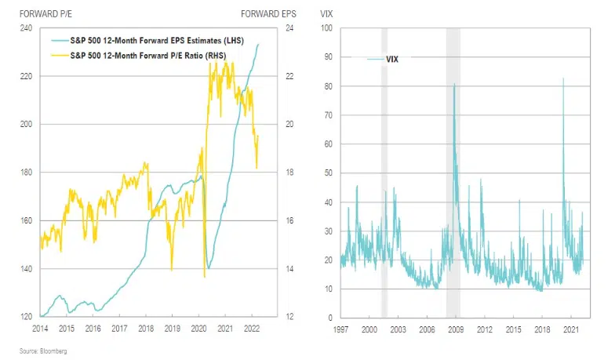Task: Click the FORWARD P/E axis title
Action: [x=39, y=13]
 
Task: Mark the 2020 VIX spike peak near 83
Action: [x=563, y=78]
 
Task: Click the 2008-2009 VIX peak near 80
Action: [x=454, y=84]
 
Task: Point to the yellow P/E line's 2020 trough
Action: [x=204, y=276]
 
